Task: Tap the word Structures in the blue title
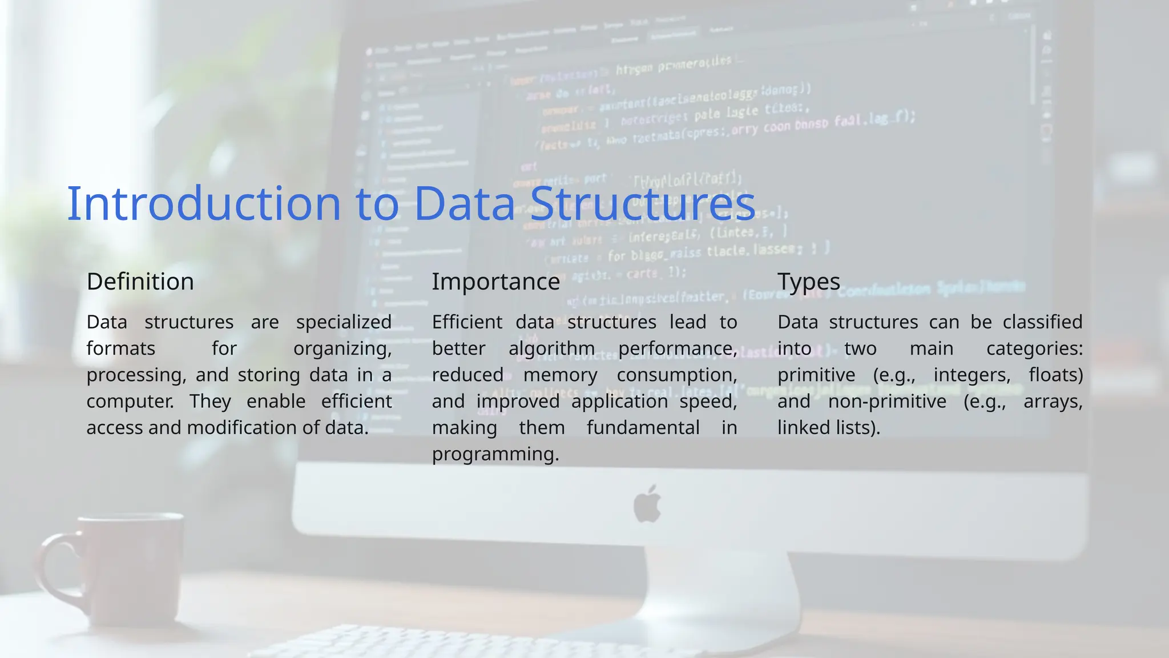click(x=642, y=203)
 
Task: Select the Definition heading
click(x=140, y=282)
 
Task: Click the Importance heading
click(x=495, y=282)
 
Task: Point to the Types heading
click(x=808, y=282)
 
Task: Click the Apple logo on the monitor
click(x=647, y=504)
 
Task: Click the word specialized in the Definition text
click(x=344, y=322)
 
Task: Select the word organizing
click(x=342, y=348)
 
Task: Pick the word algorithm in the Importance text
click(x=551, y=348)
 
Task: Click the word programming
click(x=495, y=454)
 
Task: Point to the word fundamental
click(x=643, y=428)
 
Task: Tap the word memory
click(x=560, y=375)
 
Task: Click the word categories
click(x=1034, y=348)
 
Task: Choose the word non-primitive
click(x=886, y=402)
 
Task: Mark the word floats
click(x=1055, y=375)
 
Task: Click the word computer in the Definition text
click(x=130, y=402)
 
